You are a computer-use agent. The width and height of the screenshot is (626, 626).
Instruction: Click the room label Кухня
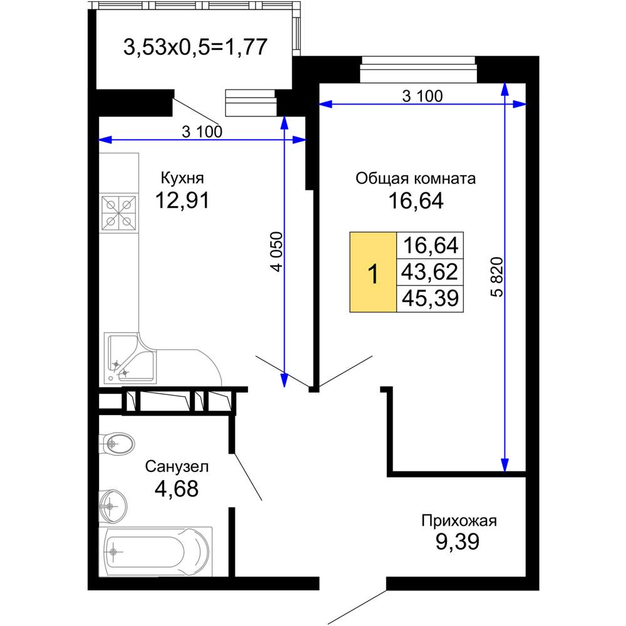(182, 178)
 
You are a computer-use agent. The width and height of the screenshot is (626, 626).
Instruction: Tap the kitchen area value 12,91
(182, 200)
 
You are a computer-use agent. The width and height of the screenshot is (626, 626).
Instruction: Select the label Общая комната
(416, 178)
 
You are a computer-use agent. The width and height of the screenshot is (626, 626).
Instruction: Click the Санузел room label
(177, 466)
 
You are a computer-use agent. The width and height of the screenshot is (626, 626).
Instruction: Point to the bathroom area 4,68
(177, 489)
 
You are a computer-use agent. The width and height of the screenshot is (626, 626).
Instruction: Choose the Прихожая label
(459, 521)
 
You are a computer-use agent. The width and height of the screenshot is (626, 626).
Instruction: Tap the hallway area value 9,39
(458, 541)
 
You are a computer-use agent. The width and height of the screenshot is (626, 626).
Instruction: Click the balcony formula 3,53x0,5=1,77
(195, 47)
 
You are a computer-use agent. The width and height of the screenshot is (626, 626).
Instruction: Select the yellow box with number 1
(373, 272)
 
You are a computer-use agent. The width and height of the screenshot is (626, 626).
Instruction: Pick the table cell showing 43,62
(430, 272)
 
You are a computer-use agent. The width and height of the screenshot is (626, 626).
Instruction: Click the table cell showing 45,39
(430, 299)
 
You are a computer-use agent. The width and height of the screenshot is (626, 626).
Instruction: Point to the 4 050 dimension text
(276, 252)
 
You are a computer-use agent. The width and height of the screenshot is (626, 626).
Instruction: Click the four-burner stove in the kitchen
(119, 213)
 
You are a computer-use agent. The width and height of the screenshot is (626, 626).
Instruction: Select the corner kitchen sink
(131, 358)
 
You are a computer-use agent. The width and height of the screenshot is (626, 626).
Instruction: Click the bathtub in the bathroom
(156, 552)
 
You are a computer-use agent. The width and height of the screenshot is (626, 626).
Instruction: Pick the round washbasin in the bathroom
(113, 506)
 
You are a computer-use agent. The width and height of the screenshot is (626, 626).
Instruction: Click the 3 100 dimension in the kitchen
(202, 131)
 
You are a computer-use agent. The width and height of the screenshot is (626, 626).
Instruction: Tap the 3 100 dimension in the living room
(423, 96)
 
